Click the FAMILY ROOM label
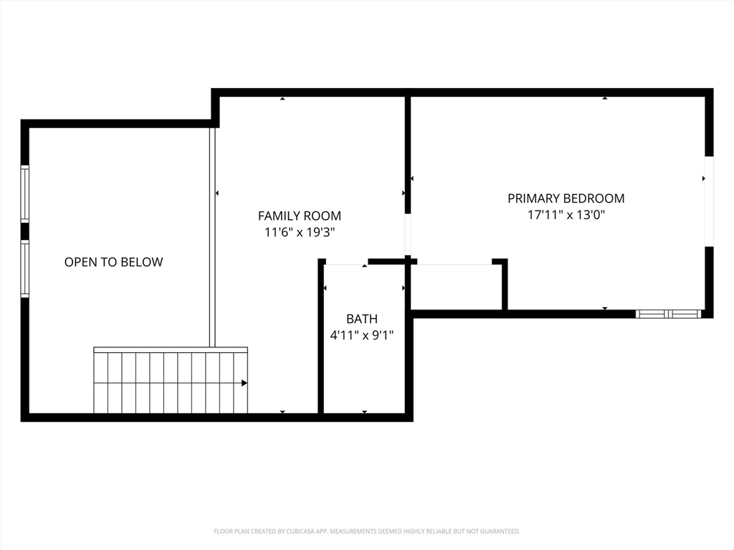click(x=299, y=216)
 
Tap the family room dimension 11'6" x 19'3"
click(x=299, y=232)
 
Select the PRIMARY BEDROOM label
click(x=566, y=198)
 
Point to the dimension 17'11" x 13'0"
click(x=566, y=215)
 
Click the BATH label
click(x=361, y=319)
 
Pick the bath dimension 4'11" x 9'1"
click(x=361, y=334)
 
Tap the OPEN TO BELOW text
click(x=113, y=262)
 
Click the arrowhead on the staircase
click(x=244, y=383)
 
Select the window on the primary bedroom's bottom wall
click(x=669, y=314)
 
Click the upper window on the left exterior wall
click(x=25, y=193)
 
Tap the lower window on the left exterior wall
click(x=25, y=269)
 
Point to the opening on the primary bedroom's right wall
click(x=709, y=201)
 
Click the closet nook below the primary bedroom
click(x=455, y=286)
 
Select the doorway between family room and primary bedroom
click(x=408, y=234)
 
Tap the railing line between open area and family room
click(x=212, y=236)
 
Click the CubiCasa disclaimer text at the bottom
click(x=366, y=531)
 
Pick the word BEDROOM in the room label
click(x=594, y=198)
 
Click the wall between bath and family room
click(x=321, y=337)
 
